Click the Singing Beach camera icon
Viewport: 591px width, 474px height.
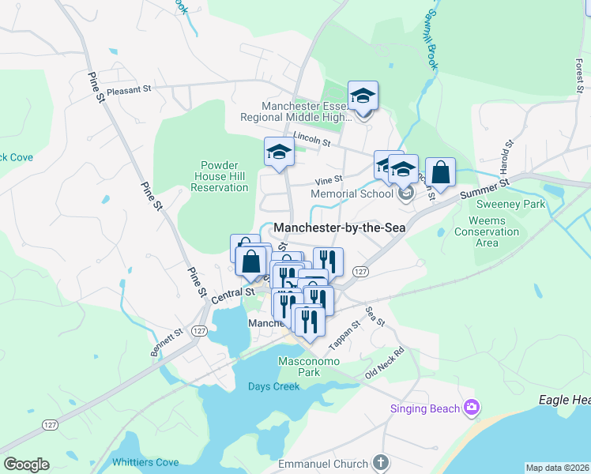click(x=472, y=407)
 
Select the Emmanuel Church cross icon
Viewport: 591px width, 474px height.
click(x=380, y=463)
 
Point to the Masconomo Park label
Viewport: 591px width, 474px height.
click(x=308, y=367)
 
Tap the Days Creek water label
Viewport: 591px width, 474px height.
click(x=273, y=386)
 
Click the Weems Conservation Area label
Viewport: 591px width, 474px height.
click(x=493, y=231)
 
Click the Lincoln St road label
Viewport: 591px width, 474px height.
click(x=311, y=136)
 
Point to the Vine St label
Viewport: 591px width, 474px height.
click(x=329, y=180)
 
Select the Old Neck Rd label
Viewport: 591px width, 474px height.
click(x=384, y=362)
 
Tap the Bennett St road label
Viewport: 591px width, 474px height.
click(x=166, y=344)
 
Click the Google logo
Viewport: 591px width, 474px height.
click(x=26, y=464)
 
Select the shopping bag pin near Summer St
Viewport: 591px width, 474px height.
click(x=441, y=172)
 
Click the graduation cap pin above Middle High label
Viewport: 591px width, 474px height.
click(x=363, y=96)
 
